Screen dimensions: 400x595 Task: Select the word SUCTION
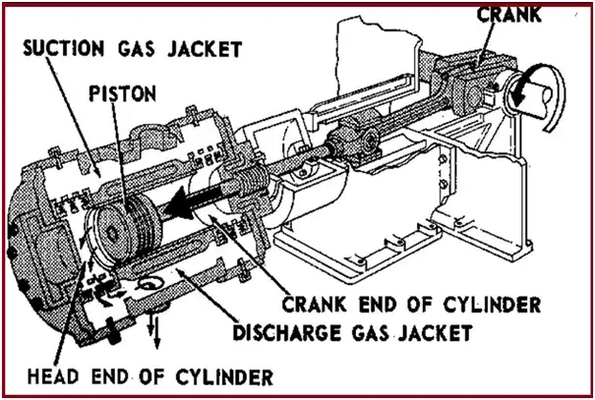[x=58, y=47]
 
